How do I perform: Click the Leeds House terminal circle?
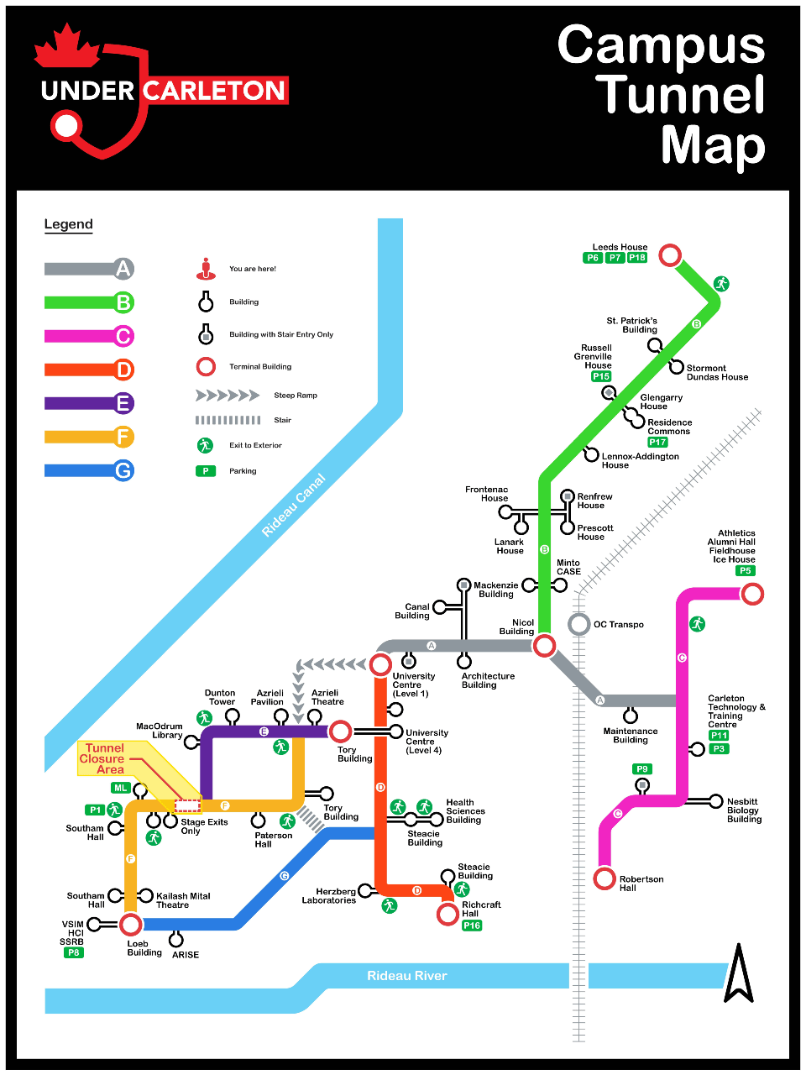(x=670, y=254)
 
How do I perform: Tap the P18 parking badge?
(x=637, y=258)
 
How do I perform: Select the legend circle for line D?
(x=123, y=370)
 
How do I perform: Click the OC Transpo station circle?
(x=578, y=624)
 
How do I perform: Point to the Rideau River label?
(x=406, y=976)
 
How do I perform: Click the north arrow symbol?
(x=739, y=974)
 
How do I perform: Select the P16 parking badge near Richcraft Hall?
(x=472, y=926)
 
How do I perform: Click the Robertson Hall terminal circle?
(x=604, y=878)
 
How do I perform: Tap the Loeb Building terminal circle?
(x=130, y=925)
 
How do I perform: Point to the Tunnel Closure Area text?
(x=103, y=758)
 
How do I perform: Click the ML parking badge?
(x=121, y=788)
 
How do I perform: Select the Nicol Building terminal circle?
(x=544, y=645)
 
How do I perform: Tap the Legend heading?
(x=68, y=224)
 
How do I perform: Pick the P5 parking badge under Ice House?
(x=745, y=571)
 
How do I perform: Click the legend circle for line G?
(x=123, y=470)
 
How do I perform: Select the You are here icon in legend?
(x=206, y=269)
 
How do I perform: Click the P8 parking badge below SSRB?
(x=74, y=952)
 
